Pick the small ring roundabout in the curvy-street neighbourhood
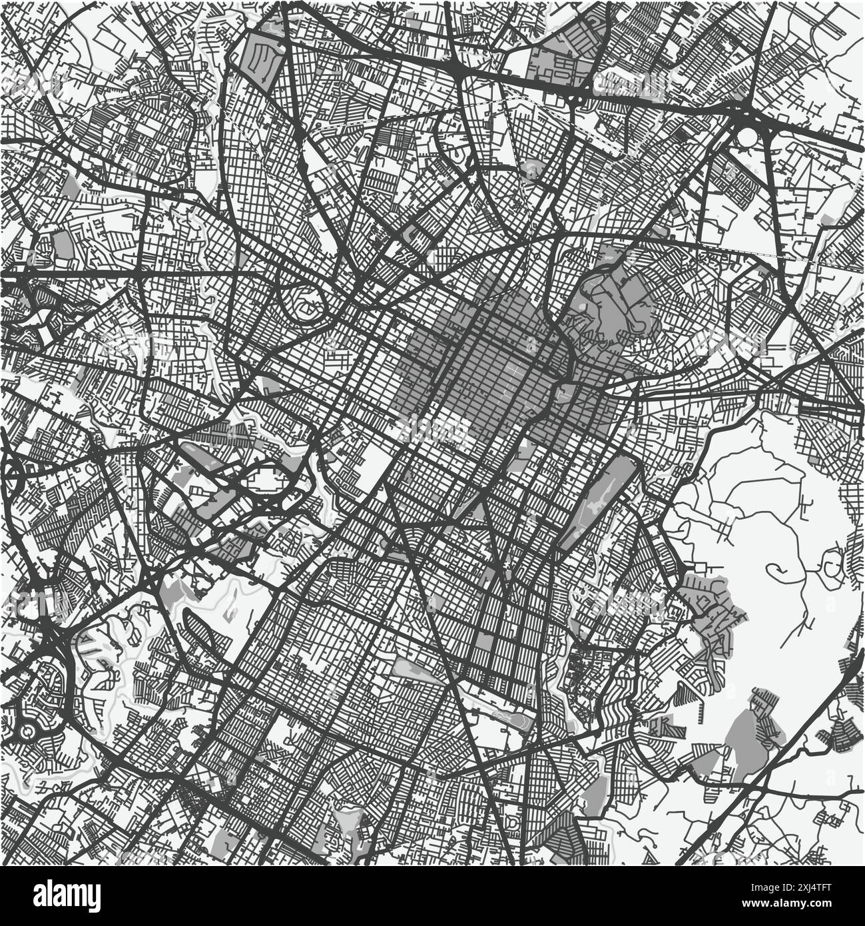click(27, 731)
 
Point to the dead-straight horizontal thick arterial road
click(133, 273)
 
